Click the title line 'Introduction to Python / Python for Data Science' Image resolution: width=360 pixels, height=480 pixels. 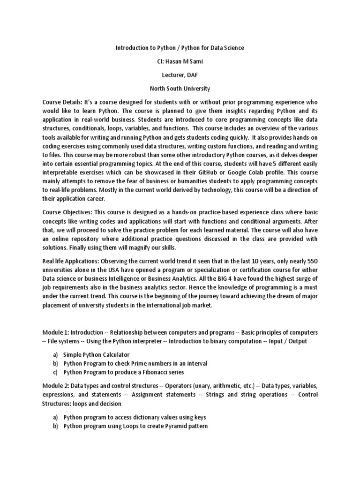180,48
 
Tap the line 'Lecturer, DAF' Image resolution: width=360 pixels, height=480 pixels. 180,75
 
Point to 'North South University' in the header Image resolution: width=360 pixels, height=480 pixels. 180,89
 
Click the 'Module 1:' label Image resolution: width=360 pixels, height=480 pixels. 56,332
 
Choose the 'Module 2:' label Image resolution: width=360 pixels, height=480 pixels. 56,386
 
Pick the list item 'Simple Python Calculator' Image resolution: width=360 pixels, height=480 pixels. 96,355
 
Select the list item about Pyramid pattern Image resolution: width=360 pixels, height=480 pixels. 135,426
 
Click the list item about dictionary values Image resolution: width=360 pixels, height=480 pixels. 135,417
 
